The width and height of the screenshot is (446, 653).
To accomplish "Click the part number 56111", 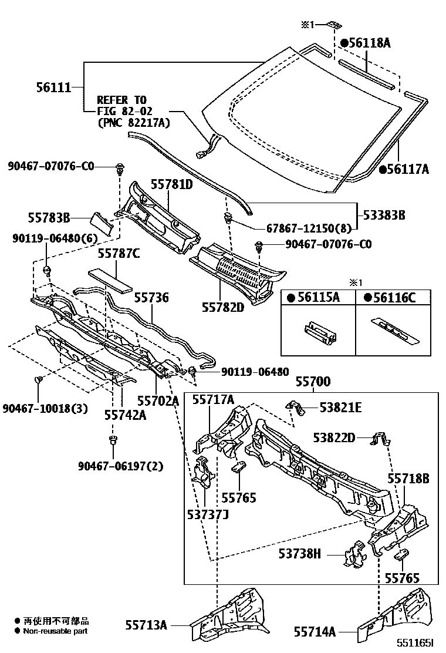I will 53,87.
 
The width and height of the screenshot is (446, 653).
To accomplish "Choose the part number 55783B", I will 49,218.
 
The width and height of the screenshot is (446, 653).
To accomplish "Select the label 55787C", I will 118,254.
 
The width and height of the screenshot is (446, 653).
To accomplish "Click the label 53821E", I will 340,407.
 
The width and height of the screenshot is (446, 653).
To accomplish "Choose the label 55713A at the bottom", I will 146,625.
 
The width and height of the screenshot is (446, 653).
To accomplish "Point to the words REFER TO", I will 121,100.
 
